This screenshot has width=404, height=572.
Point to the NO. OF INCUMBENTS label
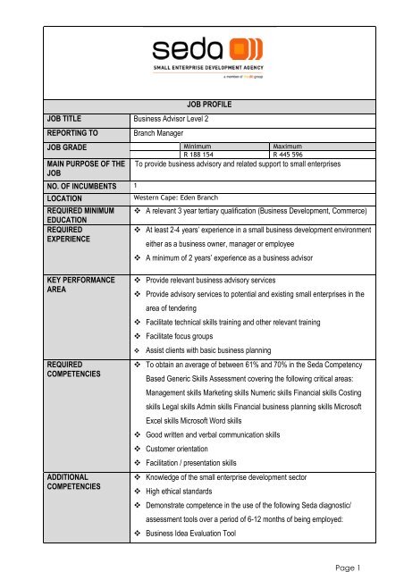click(x=59, y=186)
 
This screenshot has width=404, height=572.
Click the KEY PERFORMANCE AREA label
click(x=56, y=286)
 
